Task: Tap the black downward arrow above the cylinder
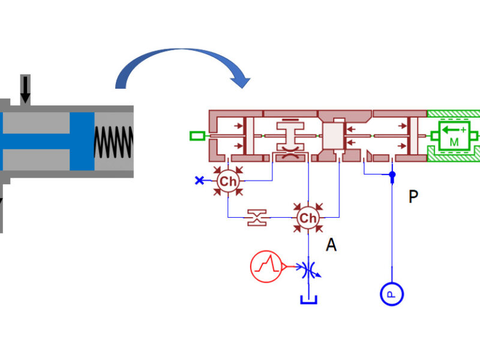(x=25, y=89)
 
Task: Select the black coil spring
(x=113, y=142)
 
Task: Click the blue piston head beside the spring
(x=82, y=142)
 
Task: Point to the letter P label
(x=413, y=197)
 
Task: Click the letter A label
(x=331, y=245)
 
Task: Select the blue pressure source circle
(x=392, y=294)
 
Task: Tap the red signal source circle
(x=266, y=266)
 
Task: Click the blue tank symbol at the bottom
(x=308, y=299)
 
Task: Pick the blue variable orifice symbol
(x=309, y=269)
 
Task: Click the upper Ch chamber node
(x=228, y=181)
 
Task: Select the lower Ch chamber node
(x=308, y=218)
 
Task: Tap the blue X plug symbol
(x=199, y=181)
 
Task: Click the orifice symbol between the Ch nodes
(x=257, y=218)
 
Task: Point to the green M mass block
(x=454, y=136)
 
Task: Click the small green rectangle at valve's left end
(x=197, y=136)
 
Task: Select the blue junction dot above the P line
(x=392, y=175)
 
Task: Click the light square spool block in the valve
(x=334, y=136)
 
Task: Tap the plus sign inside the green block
(x=463, y=130)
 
